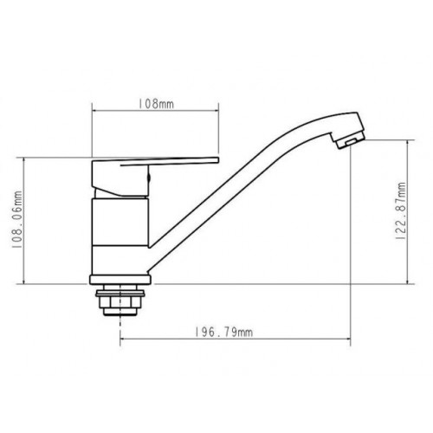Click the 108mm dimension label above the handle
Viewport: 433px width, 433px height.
156,104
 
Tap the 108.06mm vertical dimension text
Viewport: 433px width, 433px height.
17,220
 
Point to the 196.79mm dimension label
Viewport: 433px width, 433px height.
223,333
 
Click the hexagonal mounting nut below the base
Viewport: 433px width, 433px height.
120,302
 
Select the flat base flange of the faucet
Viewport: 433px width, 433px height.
120,280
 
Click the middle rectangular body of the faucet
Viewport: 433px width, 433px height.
120,222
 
